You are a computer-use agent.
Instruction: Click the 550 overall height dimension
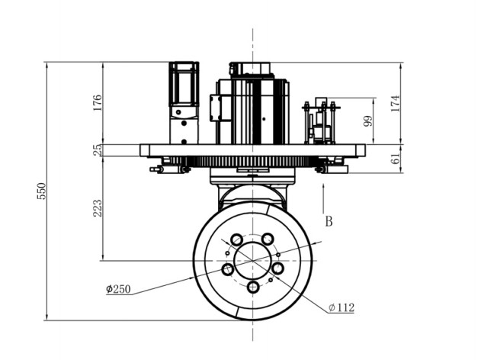point(41,191)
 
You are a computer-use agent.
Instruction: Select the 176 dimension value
point(97,103)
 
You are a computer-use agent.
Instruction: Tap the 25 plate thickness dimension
point(97,149)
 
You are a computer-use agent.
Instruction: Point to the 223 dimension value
point(97,208)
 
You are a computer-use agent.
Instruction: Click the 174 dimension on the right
point(396,104)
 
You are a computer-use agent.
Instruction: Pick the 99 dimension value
point(368,121)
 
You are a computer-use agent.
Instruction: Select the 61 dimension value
point(396,159)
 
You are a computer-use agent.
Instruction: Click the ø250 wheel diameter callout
point(118,289)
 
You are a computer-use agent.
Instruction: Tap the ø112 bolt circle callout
point(342,307)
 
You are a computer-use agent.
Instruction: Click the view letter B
point(329,221)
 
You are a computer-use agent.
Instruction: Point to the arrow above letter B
point(323,198)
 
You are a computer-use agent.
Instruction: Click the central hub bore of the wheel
point(253,261)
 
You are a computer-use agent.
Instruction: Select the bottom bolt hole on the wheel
point(253,288)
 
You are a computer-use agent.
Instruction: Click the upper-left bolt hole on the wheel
point(237,239)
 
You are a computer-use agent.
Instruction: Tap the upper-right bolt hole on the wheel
point(268,239)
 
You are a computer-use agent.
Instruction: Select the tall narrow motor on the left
point(184,103)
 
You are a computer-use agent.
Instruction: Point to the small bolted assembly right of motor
point(321,121)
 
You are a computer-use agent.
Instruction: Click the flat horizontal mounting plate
point(253,150)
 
